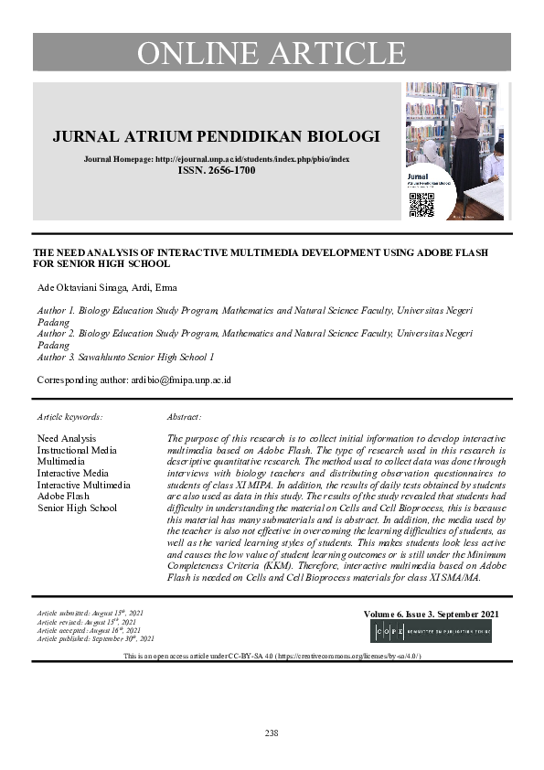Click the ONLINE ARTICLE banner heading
coord(271,52)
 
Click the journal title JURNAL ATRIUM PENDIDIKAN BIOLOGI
coord(216,137)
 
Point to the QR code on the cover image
coord(421,205)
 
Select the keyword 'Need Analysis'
coord(67,439)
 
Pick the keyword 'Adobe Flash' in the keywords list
coord(62,497)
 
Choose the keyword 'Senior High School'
coord(78,508)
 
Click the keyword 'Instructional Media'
coord(77,450)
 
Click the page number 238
coord(271,733)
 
